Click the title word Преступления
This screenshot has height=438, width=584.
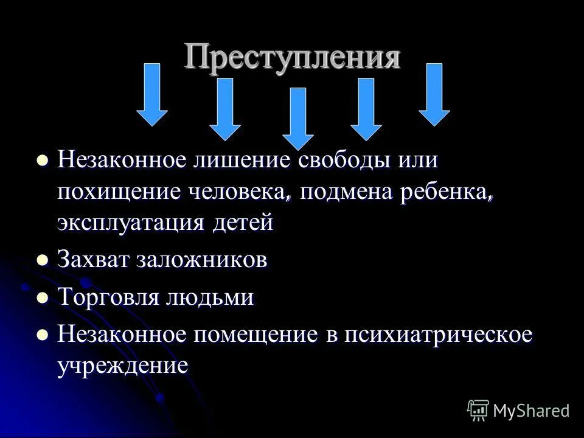(293, 57)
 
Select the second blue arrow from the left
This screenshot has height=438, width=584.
(225, 109)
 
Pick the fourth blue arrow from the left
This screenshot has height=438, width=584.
(366, 109)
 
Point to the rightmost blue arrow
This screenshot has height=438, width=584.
(434, 94)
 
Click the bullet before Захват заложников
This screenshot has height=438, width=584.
(43, 260)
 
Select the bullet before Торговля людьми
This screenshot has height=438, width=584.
(43, 298)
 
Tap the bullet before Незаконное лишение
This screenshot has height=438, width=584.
(43, 162)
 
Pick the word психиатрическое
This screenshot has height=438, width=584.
(438, 336)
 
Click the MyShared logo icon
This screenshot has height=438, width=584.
(478, 410)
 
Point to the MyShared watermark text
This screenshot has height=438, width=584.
(532, 411)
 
